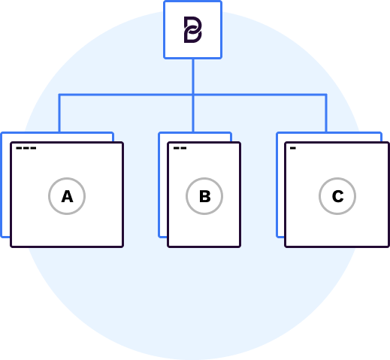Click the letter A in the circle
coord(67,196)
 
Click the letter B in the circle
coord(204,196)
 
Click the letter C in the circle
coord(337,196)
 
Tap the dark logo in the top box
coord(193,29)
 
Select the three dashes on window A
coord(26,148)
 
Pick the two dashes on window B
coord(180,148)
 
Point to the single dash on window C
coord(293,148)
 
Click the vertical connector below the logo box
coord(193,77)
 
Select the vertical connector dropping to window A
coord(59,113)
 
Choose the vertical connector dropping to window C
coord(326,113)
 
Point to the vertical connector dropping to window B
coord(193,113)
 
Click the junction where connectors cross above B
coord(193,95)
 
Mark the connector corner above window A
coord(59,95)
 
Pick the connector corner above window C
coord(326,95)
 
